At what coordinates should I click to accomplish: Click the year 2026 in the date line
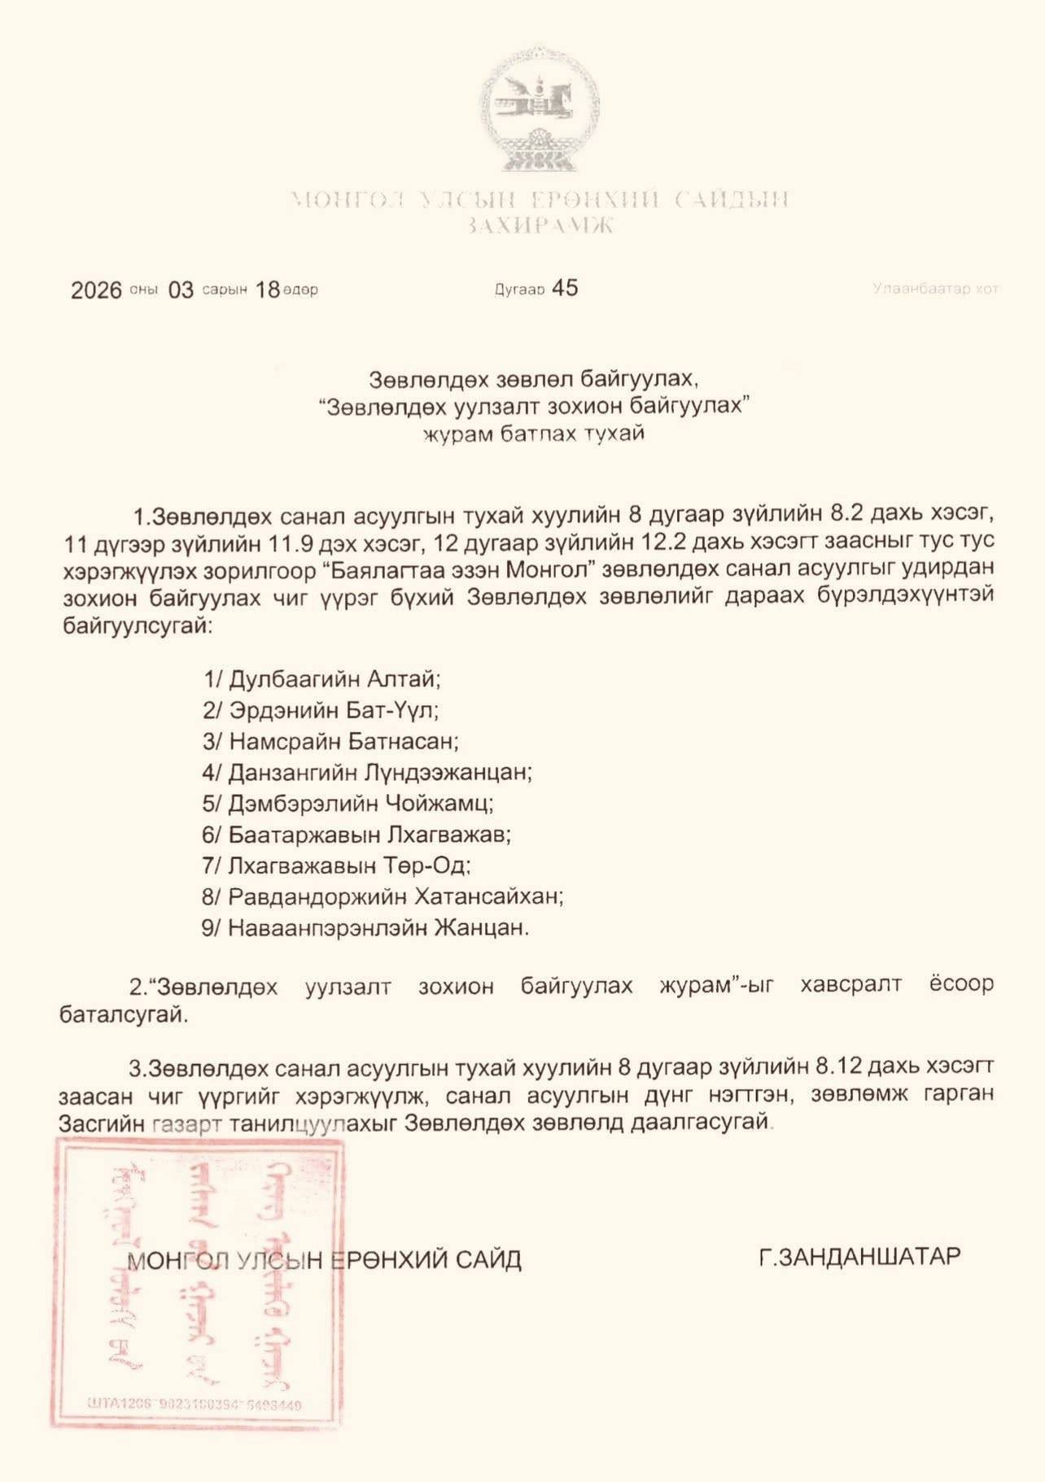(x=96, y=290)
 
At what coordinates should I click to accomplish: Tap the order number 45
(x=565, y=288)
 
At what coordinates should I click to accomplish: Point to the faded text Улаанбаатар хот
(x=935, y=289)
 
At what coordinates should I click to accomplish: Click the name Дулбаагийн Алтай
(x=334, y=679)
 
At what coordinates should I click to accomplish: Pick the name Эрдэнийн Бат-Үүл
(x=334, y=710)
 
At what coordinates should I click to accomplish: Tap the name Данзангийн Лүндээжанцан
(x=379, y=772)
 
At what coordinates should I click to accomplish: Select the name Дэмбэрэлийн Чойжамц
(x=361, y=804)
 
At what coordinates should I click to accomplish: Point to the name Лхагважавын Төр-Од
(x=349, y=865)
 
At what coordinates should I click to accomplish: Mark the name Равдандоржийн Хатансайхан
(x=396, y=896)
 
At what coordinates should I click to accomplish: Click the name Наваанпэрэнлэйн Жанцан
(x=378, y=927)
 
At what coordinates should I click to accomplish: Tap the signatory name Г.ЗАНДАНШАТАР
(x=859, y=1257)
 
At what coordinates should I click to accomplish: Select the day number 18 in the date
(x=268, y=290)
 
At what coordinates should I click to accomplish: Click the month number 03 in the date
(x=181, y=290)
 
